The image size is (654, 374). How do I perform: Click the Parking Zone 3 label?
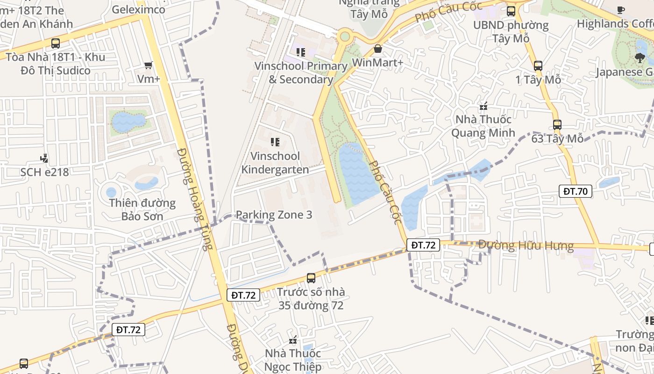point(274,215)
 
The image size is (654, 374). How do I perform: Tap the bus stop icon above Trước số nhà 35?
point(311,278)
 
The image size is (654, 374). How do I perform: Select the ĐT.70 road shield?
point(576,191)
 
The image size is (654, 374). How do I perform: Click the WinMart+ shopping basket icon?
point(378,49)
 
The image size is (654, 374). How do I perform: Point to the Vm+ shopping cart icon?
point(149,65)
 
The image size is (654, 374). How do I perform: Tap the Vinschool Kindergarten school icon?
point(275,142)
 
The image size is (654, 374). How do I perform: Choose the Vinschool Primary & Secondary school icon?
point(300,52)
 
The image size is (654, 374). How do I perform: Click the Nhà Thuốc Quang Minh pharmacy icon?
point(483,106)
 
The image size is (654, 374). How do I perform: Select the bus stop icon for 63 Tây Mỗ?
point(557,125)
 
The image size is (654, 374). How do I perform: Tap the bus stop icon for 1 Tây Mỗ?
point(538,66)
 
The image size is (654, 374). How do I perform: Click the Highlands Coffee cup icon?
point(620,10)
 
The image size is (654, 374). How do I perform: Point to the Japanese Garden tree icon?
point(640,58)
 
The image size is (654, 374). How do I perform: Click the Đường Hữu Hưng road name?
point(526,245)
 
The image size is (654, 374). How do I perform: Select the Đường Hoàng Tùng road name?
point(193,199)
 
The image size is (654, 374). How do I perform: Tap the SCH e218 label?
point(44,172)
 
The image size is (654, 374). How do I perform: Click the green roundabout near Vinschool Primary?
point(345,36)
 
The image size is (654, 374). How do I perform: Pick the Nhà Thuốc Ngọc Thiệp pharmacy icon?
point(293,340)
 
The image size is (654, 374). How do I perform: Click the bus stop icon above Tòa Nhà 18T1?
point(56,43)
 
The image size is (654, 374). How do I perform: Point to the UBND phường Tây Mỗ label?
point(511,31)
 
